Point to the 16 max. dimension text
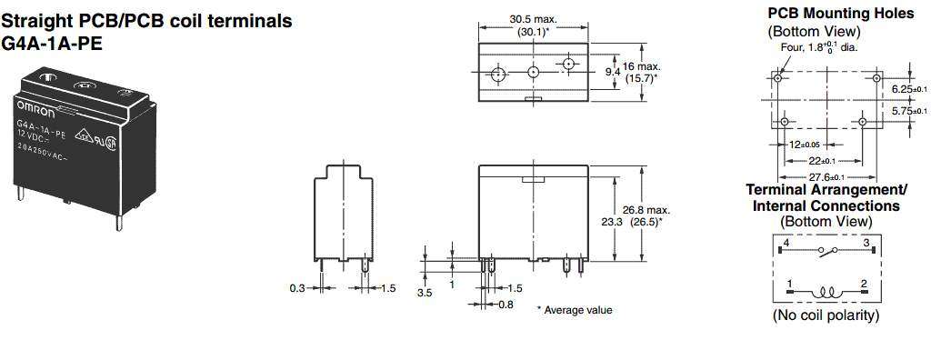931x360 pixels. tap(641, 66)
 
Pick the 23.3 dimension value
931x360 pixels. tap(613, 221)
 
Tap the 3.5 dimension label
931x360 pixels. tap(425, 293)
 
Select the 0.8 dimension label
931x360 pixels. tap(506, 305)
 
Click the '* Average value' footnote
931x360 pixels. tap(575, 310)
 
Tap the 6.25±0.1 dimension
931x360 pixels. tap(908, 88)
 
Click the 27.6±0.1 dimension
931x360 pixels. tap(826, 177)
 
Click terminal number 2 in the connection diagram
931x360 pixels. tap(864, 284)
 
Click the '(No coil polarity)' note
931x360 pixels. tap(826, 315)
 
